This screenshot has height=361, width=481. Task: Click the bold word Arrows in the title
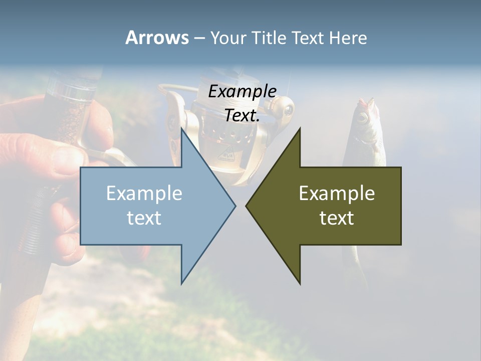click(x=157, y=38)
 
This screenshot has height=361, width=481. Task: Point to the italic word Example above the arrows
click(x=242, y=91)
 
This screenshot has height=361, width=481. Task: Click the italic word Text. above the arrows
click(x=242, y=115)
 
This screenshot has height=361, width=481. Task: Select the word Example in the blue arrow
click(x=144, y=193)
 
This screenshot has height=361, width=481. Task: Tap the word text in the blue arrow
click(x=144, y=218)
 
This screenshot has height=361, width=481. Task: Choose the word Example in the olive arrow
click(x=337, y=193)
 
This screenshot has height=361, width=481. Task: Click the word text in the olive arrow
click(x=337, y=218)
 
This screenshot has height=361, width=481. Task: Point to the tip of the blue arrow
click(x=235, y=205)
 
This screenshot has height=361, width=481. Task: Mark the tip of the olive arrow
click(x=246, y=205)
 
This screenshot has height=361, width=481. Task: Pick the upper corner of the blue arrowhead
click(x=181, y=128)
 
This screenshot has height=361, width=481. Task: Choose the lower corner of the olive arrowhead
click(x=300, y=284)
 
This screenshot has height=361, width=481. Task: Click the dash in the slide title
click(x=198, y=38)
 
